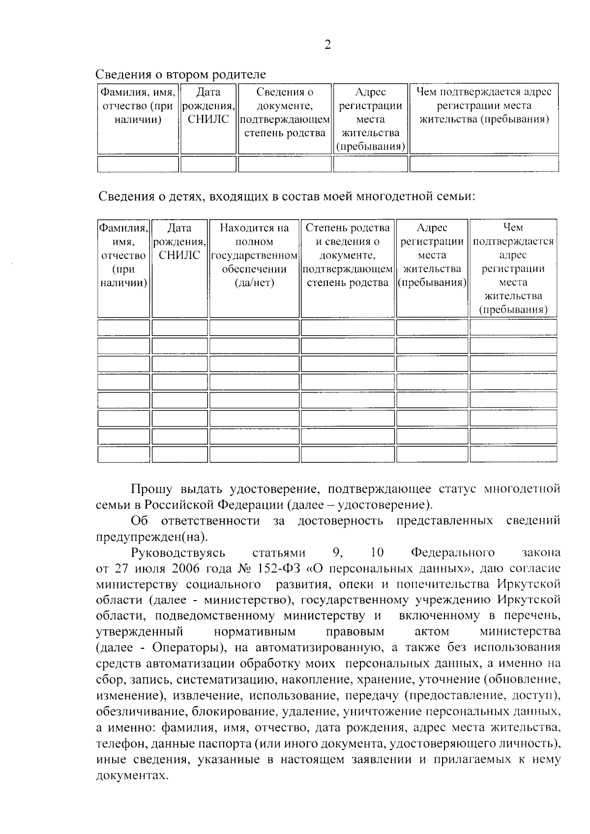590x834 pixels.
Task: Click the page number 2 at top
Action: click(327, 45)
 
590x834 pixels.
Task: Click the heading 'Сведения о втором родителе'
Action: click(180, 74)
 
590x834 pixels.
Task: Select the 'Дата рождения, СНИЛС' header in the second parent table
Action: click(208, 106)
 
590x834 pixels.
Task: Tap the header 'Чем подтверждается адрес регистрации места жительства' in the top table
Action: click(484, 105)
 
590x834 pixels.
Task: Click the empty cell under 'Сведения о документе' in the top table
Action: click(285, 164)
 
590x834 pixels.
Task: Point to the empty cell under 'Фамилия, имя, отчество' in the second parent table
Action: click(138, 164)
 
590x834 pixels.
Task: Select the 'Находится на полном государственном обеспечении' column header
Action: click(254, 255)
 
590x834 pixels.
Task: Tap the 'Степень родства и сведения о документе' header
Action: click(347, 255)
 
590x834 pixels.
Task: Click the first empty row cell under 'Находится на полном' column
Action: click(254, 327)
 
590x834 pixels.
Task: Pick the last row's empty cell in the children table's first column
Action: click(123, 454)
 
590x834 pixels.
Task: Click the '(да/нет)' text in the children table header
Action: click(254, 283)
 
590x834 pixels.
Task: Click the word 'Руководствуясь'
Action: click(178, 553)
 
